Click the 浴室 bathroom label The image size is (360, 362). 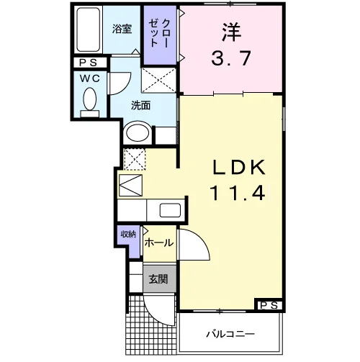122,29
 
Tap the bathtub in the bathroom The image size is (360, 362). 89,30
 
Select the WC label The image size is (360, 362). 90,78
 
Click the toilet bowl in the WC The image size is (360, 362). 90,99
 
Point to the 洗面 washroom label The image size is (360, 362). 141,105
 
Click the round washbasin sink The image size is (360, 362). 138,133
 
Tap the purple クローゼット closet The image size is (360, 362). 160,35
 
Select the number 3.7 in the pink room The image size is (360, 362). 231,58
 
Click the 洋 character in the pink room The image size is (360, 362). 231,32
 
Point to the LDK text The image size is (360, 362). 239,167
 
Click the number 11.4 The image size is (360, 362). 238,193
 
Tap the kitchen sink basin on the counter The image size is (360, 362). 170,210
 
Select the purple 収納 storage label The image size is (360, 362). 128,234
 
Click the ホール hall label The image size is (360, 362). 159,243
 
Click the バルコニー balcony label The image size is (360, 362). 230,334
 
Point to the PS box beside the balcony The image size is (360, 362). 269,305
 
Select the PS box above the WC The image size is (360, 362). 89,63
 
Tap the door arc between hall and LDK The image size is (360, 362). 200,240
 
